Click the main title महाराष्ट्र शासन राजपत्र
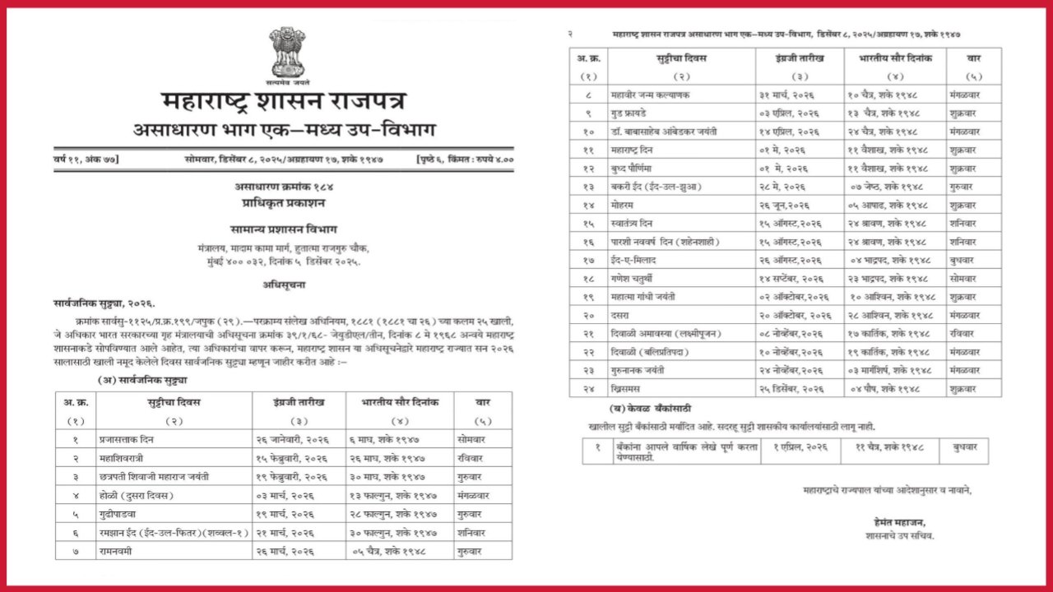285,104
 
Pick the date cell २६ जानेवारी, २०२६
292,440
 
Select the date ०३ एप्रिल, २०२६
789,113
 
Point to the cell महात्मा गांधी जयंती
647,297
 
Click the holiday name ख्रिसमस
627,388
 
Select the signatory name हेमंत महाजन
901,522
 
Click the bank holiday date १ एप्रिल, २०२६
794,446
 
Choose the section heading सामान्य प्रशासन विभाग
285,231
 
